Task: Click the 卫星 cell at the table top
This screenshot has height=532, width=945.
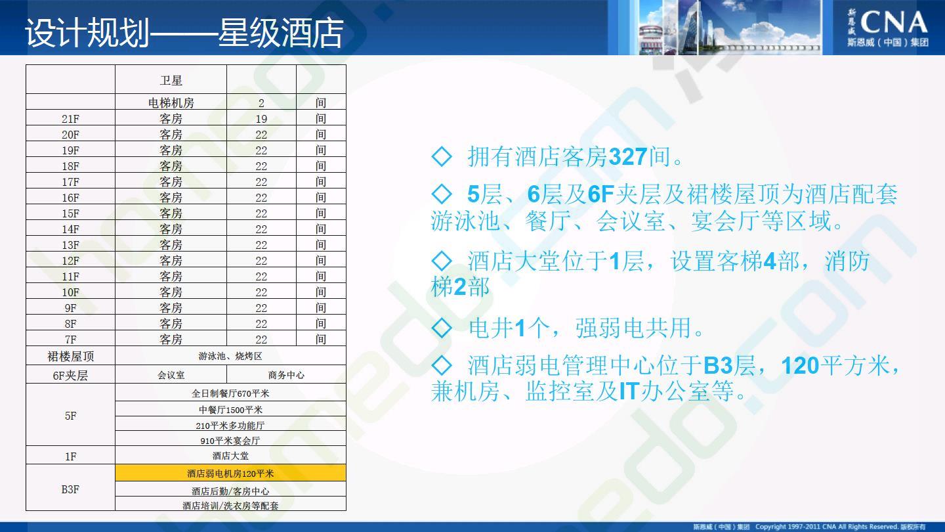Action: pyautogui.click(x=171, y=80)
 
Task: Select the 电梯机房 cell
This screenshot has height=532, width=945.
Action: pyautogui.click(x=171, y=102)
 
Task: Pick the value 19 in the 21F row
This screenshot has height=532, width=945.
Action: pyautogui.click(x=261, y=119)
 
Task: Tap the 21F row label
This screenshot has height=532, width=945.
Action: pyautogui.click(x=70, y=119)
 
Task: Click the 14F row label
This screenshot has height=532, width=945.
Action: pyautogui.click(x=70, y=229)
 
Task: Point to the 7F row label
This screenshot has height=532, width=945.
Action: pyautogui.click(x=70, y=340)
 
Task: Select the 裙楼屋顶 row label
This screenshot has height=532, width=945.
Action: pyautogui.click(x=70, y=357)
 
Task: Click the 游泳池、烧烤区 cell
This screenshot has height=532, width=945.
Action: pyautogui.click(x=230, y=356)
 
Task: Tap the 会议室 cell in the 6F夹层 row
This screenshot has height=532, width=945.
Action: pyautogui.click(x=171, y=375)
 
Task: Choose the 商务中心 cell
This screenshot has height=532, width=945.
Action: pyautogui.click(x=286, y=375)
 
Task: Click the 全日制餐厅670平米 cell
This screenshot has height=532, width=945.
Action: pyautogui.click(x=230, y=393)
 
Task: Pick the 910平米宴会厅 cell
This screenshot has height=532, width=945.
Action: pyautogui.click(x=230, y=441)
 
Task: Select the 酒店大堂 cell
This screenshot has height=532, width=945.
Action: pyautogui.click(x=230, y=456)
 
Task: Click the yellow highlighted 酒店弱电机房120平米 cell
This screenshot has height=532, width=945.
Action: pyautogui.click(x=230, y=473)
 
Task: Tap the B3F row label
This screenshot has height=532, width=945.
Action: pyautogui.click(x=70, y=489)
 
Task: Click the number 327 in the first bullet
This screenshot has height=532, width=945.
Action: pyautogui.click(x=628, y=156)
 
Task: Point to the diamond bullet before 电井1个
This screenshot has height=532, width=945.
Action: pyautogui.click(x=442, y=328)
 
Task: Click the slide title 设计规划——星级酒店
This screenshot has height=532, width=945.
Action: pyautogui.click(x=184, y=33)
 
